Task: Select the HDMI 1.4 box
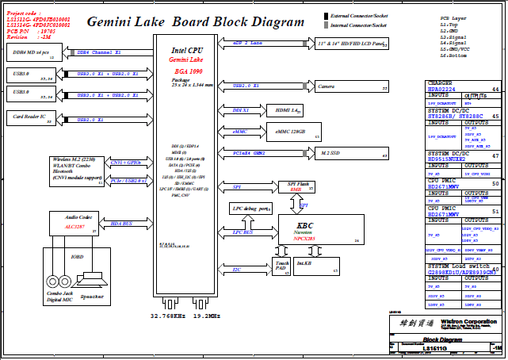(285, 111)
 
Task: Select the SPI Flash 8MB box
(295, 187)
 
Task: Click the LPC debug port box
(250, 209)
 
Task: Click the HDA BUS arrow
(121, 224)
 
